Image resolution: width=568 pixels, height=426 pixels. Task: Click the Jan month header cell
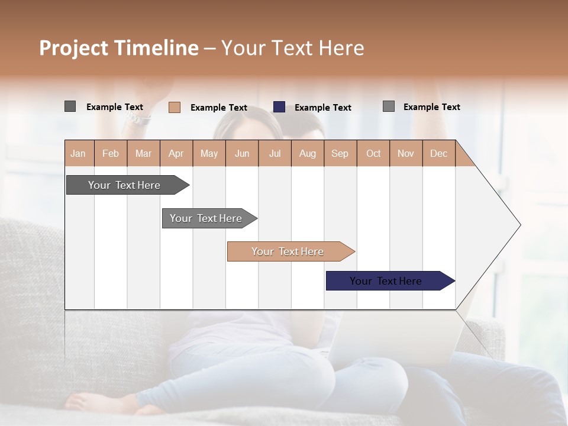pos(79,153)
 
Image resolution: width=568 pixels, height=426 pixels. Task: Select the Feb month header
pos(111,153)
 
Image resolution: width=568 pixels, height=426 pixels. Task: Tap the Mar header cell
pos(143,153)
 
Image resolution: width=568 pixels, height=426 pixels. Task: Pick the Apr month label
pos(176,153)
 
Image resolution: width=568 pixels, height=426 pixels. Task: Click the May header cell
pos(209,153)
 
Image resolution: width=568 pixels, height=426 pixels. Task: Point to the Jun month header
pos(242,153)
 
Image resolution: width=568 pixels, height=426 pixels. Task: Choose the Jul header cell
pos(275,153)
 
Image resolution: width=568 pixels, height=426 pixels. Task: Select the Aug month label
pos(308,153)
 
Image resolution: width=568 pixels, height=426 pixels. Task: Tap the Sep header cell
pos(340,153)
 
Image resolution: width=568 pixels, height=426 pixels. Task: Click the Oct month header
pos(373,153)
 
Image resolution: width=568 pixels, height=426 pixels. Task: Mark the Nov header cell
pos(406,153)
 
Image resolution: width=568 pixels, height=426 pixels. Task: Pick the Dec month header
pos(439,153)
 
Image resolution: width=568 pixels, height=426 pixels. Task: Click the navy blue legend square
pos(279,107)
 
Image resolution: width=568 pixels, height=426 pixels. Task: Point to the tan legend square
pos(175,107)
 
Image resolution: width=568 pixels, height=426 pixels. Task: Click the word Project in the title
pos(73,48)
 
